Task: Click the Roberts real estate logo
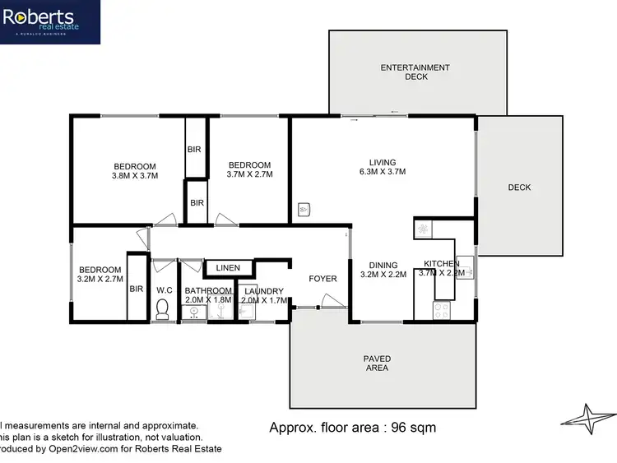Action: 50,21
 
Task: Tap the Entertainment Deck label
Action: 415,72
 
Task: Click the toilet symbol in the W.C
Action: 162,309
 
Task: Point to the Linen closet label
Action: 228,268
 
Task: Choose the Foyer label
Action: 322,279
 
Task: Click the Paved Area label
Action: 377,363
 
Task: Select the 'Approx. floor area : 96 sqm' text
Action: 353,428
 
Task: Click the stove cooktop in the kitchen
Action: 440,311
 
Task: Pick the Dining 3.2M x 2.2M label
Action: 383,270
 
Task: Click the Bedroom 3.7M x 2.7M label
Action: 249,169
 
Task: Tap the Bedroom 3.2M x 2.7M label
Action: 100,274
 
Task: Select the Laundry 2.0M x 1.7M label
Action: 263,296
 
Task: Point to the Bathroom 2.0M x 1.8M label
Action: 208,295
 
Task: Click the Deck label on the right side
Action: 519,188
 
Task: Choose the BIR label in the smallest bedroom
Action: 137,289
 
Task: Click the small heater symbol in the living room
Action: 304,210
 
